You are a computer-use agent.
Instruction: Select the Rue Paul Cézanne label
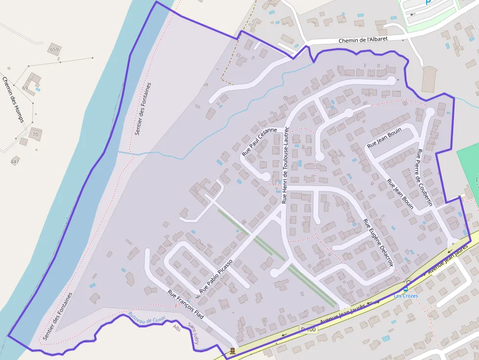pyautogui.click(x=259, y=142)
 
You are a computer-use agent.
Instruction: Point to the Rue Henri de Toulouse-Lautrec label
pyautogui.click(x=286, y=165)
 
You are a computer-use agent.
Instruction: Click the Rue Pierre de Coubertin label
pyautogui.click(x=425, y=177)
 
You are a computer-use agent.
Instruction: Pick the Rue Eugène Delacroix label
pyautogui.click(x=378, y=242)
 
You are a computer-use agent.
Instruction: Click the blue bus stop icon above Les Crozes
pyautogui.click(x=406, y=289)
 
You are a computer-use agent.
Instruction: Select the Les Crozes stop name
pyautogui.click(x=406, y=296)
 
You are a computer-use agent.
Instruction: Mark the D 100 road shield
pyautogui.click(x=308, y=330)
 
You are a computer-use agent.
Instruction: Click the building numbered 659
pyautogui.click(x=54, y=49)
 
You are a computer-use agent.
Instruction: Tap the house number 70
pyautogui.click(x=35, y=134)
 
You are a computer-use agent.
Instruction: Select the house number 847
pyautogui.click(x=15, y=162)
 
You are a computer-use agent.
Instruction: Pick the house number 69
pyautogui.click(x=24, y=88)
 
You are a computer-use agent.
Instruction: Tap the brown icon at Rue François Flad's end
pyautogui.click(x=232, y=350)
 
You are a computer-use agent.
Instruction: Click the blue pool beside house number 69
pyautogui.click(x=38, y=89)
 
